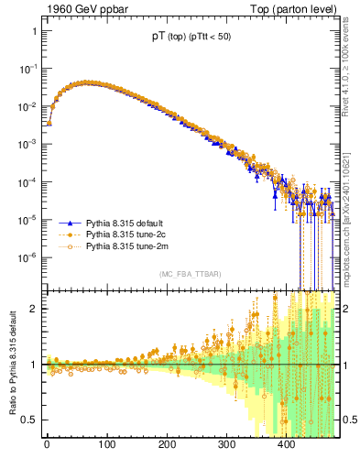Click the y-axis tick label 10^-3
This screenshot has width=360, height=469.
[27, 144]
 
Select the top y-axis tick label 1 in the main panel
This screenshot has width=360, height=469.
[33, 31]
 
